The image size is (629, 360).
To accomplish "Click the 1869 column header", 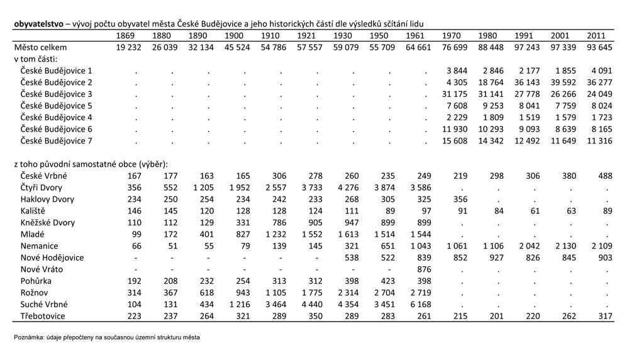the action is point(125,36).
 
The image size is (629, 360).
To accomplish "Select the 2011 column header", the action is point(596,36).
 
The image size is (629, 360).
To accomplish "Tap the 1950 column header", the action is point(379,36).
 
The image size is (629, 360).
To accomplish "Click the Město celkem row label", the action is point(40,47).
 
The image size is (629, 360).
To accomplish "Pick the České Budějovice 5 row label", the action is point(56,106).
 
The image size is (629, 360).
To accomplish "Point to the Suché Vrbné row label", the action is point(44,305).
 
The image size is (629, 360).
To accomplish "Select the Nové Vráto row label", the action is point(42,269).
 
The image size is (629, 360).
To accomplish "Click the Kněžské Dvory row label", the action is point(48,223).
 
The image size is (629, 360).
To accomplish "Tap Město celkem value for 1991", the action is point(526,47).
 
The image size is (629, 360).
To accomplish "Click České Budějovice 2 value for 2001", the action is point(563,82).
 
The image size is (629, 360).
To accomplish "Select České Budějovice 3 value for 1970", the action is point(455,94).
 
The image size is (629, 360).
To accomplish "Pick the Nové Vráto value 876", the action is point(424,269).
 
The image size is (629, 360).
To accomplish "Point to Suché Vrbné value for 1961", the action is point(421,305).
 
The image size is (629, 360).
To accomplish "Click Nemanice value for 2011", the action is point(602,246).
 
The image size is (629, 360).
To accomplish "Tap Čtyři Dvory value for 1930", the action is point(348,188).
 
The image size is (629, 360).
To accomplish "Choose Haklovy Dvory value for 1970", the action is point(460,200).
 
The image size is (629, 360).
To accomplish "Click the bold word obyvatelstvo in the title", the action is point(38,24).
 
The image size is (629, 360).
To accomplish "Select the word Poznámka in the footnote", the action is point(27,337).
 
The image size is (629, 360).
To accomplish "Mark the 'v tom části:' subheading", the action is point(36,59).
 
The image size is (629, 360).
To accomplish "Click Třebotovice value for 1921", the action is point(315,316).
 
